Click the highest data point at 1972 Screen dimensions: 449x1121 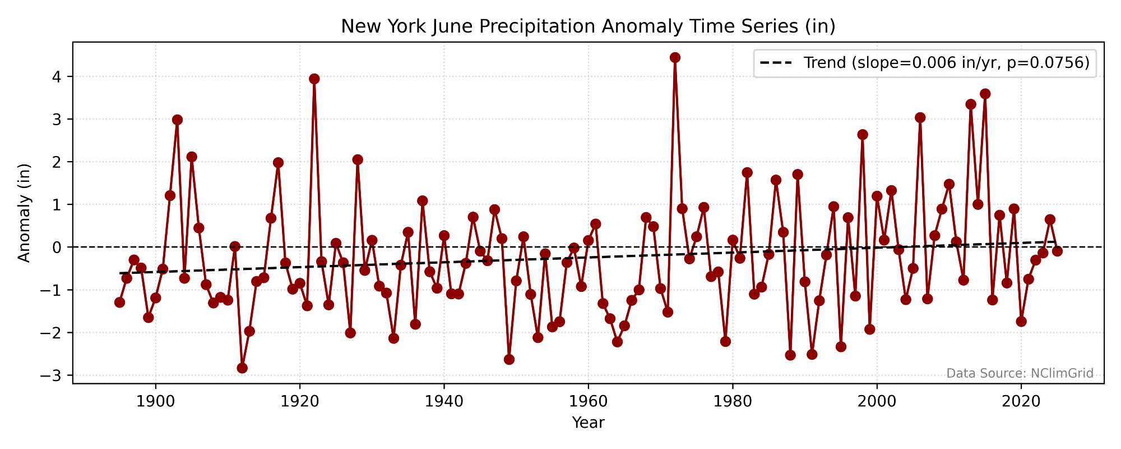pyautogui.click(x=675, y=57)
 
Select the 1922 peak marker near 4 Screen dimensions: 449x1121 pyautogui.click(x=314, y=79)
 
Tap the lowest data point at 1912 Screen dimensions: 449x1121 pyautogui.click(x=242, y=368)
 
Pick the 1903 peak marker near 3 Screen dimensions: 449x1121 pyautogui.click(x=177, y=120)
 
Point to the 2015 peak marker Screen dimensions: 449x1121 pyautogui.click(x=985, y=94)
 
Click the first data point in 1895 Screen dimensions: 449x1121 pyautogui.click(x=119, y=302)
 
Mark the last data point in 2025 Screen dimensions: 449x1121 pyautogui.click(x=1057, y=251)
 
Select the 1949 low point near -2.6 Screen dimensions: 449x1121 pyautogui.click(x=509, y=359)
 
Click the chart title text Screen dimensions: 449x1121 pyautogui.click(x=588, y=26)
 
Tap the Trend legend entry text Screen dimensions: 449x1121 pyautogui.click(x=946, y=63)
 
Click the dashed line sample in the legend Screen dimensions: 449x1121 pyautogui.click(x=776, y=63)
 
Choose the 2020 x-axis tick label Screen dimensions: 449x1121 pyautogui.click(x=1021, y=402)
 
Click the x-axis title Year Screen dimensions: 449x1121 pyautogui.click(x=588, y=423)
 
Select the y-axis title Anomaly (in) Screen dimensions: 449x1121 pyautogui.click(x=24, y=213)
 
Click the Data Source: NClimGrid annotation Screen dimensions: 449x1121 pyautogui.click(x=1020, y=373)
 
